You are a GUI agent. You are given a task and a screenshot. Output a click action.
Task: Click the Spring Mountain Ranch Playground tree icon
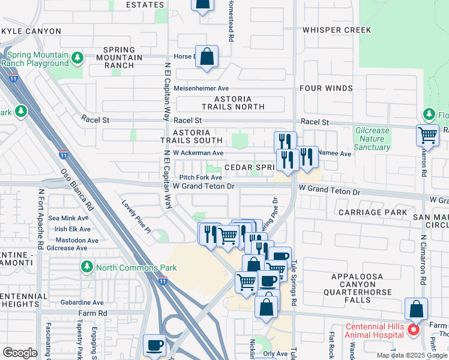(x=77, y=58)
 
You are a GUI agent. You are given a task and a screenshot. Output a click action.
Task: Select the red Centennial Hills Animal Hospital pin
(x=412, y=330)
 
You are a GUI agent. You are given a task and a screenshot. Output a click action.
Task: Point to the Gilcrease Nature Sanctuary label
(x=372, y=139)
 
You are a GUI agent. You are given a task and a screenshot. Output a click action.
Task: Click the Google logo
(x=20, y=352)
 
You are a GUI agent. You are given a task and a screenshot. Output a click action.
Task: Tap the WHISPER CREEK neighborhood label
(x=337, y=30)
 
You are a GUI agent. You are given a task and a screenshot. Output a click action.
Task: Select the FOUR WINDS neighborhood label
(x=327, y=88)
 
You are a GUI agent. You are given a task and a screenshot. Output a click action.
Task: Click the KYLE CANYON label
(x=31, y=31)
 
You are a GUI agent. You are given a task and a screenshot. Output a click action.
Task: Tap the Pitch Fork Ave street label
(x=200, y=178)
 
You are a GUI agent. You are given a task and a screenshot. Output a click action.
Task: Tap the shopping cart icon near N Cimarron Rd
(x=427, y=135)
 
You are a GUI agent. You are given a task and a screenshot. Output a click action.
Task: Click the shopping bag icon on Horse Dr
(x=206, y=57)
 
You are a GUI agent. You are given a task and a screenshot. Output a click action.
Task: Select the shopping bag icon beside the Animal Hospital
(x=416, y=309)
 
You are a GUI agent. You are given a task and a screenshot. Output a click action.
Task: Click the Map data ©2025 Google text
(x=411, y=355)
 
